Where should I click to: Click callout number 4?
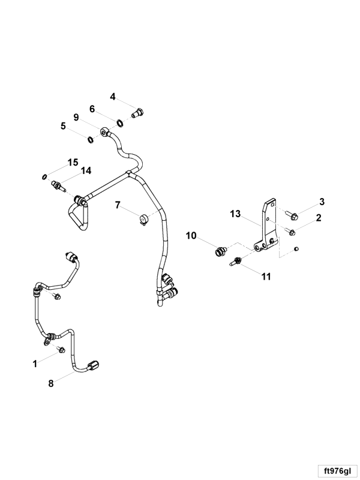(x=113, y=96)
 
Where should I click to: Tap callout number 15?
(x=73, y=162)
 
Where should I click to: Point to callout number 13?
(x=235, y=213)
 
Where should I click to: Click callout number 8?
(x=51, y=382)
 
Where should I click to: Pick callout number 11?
(x=266, y=276)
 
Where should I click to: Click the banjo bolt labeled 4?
(x=137, y=112)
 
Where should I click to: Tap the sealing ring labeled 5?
(x=90, y=140)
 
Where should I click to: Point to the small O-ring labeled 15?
(x=46, y=176)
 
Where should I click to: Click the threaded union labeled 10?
(x=220, y=250)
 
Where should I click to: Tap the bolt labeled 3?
(x=292, y=213)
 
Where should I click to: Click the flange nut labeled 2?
(x=292, y=232)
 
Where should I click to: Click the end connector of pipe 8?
(x=94, y=364)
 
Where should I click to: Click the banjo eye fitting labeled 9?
(x=106, y=130)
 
